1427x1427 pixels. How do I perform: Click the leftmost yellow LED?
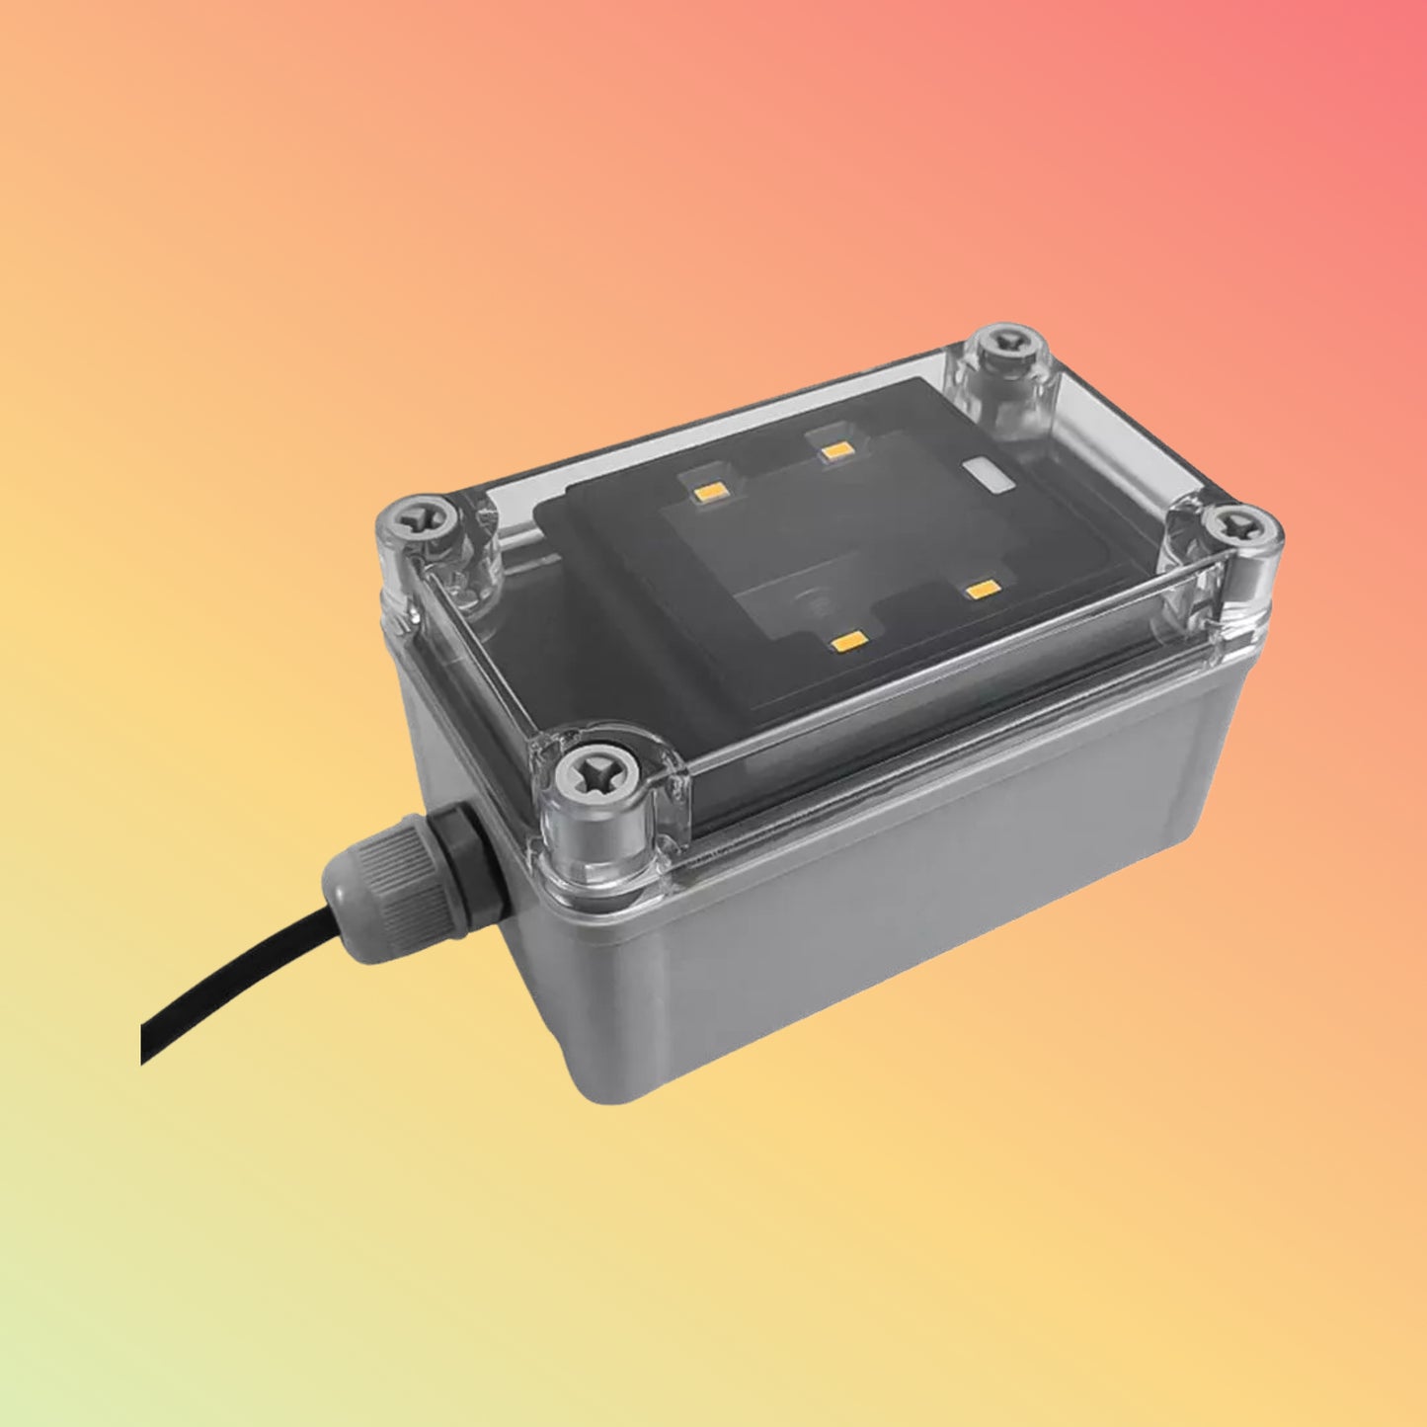(x=710, y=487)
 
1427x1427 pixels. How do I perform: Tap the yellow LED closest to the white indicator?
(x=837, y=450)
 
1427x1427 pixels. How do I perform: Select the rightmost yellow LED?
(x=983, y=591)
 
